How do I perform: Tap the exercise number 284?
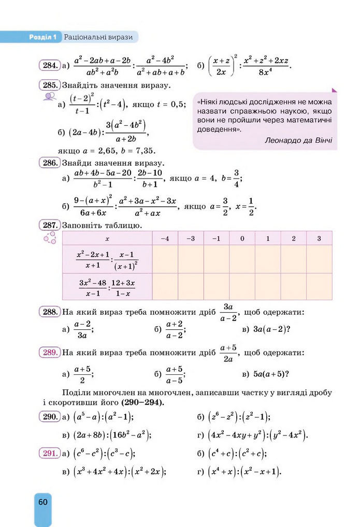49,66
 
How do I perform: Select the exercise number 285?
49,85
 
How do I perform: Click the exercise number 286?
49,163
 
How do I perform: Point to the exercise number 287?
49,225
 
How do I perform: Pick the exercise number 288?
49,312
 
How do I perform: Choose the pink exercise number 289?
49,353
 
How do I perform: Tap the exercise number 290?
49,417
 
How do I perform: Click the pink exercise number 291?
49,453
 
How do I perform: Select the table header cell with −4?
165,238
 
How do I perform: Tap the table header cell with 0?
242,238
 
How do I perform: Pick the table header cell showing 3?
319,238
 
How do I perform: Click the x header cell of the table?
107,238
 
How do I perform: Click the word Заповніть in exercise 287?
81,225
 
